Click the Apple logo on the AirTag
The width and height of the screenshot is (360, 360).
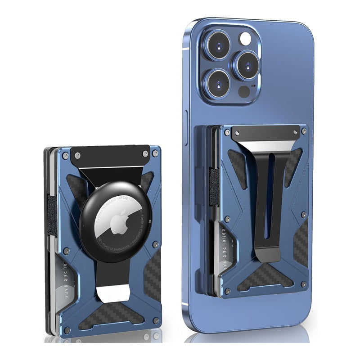[x=107, y=222]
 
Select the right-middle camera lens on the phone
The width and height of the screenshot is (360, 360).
[x=245, y=64]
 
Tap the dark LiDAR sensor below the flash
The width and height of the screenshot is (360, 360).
[x=244, y=91]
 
